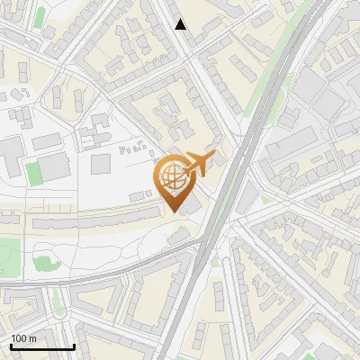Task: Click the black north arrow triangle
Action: coord(181,24)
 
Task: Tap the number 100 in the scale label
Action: coord(19,338)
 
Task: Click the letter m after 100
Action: coord(32,338)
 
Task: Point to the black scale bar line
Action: coord(42,346)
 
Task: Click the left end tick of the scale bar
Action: coord(11,345)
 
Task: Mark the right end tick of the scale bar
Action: coord(74,345)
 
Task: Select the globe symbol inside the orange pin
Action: coord(172,177)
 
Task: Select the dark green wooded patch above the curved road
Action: coord(43,262)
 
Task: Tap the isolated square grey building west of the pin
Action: coord(100,164)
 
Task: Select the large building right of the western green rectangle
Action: coord(54,166)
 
